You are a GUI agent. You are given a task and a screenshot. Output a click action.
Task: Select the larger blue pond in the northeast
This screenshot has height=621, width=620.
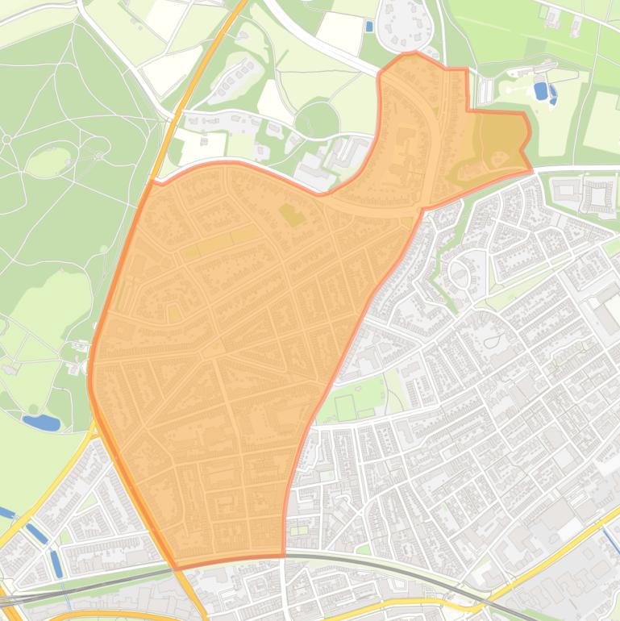click(540, 90)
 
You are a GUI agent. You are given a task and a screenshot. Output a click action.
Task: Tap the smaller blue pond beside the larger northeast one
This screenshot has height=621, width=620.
click(553, 96)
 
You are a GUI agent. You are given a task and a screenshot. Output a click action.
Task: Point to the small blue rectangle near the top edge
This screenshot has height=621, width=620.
click(369, 26)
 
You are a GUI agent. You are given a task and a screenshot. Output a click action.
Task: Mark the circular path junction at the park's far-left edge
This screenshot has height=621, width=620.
click(6, 140)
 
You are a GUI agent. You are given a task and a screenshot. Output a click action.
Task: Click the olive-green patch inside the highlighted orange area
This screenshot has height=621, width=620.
click(291, 215)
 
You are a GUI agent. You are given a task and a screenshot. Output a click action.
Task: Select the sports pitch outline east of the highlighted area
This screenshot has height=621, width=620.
click(346, 406)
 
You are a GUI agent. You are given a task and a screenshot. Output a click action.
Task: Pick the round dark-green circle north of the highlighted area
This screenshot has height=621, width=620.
click(317, 121)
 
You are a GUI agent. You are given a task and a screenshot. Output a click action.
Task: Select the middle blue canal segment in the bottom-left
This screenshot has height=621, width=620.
click(35, 533)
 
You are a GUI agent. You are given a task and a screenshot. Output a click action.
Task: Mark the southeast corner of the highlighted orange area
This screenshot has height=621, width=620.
click(284, 555)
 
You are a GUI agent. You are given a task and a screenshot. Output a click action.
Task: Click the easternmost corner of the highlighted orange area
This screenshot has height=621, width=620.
click(532, 170)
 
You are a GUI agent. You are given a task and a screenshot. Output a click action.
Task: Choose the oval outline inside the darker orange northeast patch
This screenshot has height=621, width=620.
click(497, 157)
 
